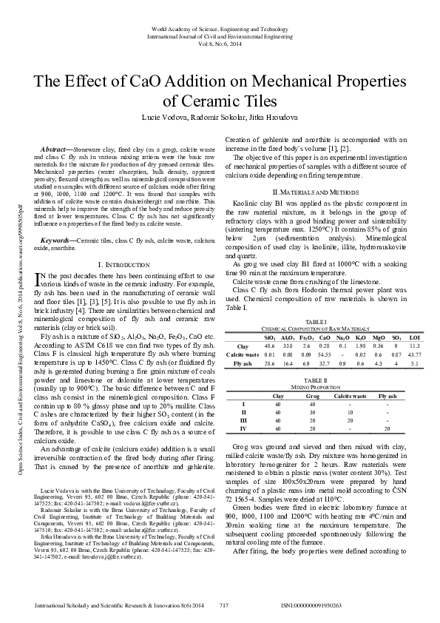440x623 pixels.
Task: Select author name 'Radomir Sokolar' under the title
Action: (220, 117)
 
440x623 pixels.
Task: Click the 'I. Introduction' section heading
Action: (121, 243)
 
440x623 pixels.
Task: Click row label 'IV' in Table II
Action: (243, 429)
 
